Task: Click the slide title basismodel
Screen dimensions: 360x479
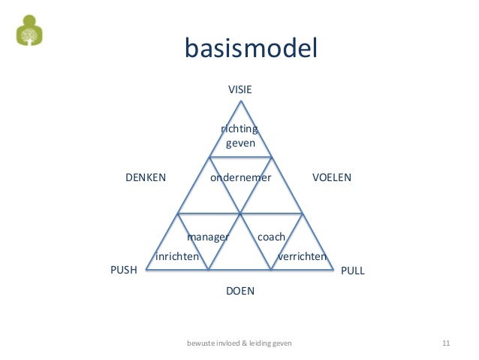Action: pos(251,49)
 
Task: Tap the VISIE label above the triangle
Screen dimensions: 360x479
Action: pos(239,89)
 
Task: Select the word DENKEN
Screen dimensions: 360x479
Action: pos(144,178)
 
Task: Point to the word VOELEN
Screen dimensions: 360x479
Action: pos(331,178)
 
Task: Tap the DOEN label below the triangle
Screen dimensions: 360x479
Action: pos(239,290)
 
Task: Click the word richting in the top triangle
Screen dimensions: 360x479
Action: pos(239,129)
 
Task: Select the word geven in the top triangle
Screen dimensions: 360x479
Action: pos(240,142)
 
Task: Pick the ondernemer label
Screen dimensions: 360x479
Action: pos(240,178)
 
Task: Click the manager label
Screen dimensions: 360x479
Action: pos(208,237)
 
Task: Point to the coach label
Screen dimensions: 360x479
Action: pos(271,237)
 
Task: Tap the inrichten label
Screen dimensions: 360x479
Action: pos(177,257)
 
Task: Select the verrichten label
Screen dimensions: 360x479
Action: pos(303,257)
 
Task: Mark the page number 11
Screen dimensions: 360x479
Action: pos(445,343)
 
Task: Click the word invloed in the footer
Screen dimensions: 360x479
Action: pos(229,343)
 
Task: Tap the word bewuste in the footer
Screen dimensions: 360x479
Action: pos(200,343)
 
